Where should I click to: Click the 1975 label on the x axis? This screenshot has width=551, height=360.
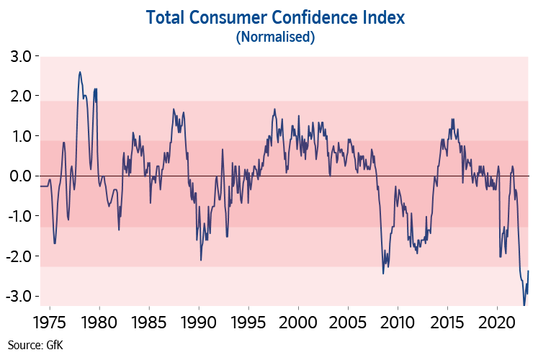tap(49, 320)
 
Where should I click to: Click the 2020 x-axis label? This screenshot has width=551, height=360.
tap(498, 320)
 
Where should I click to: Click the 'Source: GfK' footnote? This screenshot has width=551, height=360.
tap(35, 345)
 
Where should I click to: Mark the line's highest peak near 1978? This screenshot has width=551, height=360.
tap(80, 72)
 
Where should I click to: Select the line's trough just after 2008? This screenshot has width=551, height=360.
tap(383, 273)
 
